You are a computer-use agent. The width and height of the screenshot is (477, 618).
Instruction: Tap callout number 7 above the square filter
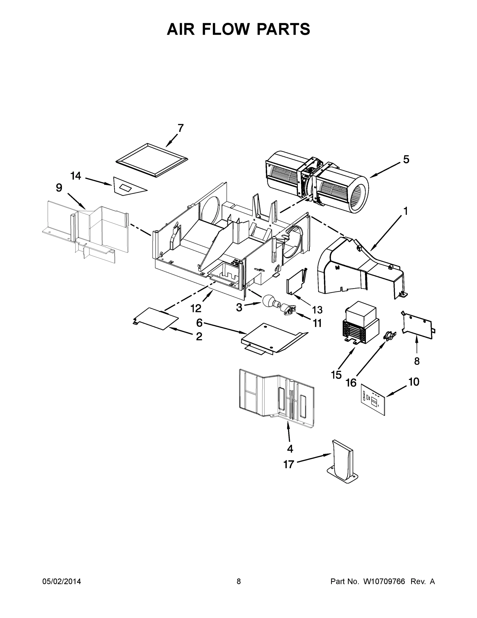181,128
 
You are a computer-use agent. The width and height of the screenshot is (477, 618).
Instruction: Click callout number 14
76,176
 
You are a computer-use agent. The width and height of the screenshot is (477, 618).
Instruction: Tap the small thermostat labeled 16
389,336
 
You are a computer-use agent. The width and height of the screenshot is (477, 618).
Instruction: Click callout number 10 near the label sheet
414,382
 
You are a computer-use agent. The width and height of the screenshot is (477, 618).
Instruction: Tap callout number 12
196,308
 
